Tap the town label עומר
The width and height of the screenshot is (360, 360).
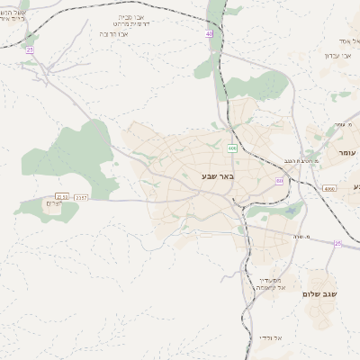click(346, 154)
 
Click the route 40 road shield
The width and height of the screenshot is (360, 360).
click(211, 33)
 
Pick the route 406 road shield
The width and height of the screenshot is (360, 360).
click(232, 147)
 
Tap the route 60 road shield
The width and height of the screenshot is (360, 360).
click(280, 181)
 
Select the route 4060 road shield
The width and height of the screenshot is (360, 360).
click(328, 189)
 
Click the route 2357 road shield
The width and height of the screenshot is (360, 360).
click(81, 196)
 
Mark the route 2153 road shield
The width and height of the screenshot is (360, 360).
click(61, 196)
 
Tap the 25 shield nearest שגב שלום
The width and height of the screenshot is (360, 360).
click(337, 243)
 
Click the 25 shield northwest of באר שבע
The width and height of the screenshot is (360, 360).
click(30, 49)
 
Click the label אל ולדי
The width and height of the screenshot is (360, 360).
click(271, 337)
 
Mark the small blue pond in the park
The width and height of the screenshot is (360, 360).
click(290, 213)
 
